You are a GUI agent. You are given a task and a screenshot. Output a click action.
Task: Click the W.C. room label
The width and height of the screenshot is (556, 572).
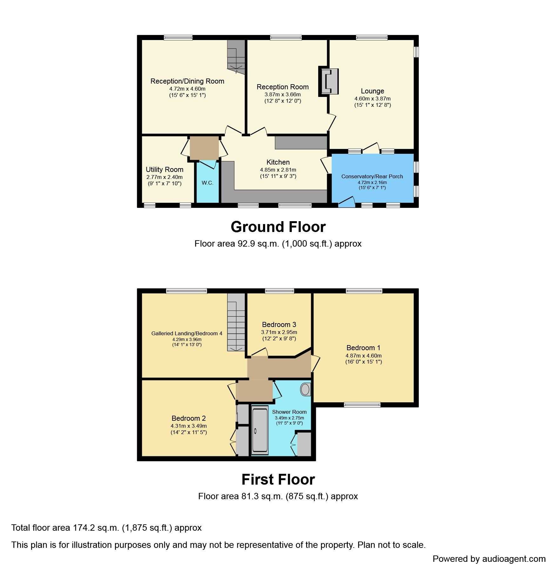207,183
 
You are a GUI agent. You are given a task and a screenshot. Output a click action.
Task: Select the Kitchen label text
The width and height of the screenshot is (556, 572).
278,162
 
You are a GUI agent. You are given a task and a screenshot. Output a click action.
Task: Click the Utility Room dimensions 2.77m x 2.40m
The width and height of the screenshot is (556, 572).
164,177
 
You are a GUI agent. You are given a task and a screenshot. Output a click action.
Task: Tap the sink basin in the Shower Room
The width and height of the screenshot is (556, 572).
305,389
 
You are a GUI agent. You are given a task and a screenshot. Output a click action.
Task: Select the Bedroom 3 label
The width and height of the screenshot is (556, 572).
279,324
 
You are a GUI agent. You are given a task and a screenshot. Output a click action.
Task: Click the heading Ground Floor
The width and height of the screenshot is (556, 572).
278,227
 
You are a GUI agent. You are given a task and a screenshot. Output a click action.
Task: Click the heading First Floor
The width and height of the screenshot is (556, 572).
278,480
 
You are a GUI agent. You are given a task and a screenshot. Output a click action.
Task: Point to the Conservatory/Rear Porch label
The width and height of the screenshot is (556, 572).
372,176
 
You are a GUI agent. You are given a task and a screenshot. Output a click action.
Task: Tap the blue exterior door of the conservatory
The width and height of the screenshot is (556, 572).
347,202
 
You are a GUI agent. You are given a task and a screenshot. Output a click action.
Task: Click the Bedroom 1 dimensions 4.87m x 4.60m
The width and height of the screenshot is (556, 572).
363,356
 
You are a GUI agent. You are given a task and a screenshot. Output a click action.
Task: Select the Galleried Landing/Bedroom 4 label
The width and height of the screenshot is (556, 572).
187,333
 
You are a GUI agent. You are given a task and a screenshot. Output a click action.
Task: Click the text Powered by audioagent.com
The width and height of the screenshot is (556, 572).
489,559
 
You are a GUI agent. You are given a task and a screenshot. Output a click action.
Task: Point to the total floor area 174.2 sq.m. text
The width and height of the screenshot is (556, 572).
106,528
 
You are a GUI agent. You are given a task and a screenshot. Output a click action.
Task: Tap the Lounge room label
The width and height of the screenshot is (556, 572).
372,91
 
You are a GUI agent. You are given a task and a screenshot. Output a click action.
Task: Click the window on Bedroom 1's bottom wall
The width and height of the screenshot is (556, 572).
362,405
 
